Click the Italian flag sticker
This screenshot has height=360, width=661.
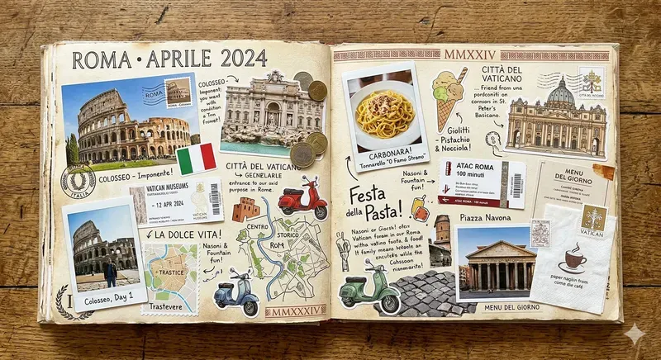point(196,158)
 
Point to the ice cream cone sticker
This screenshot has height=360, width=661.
point(448,98)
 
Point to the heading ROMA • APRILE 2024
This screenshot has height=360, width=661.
point(169,59)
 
